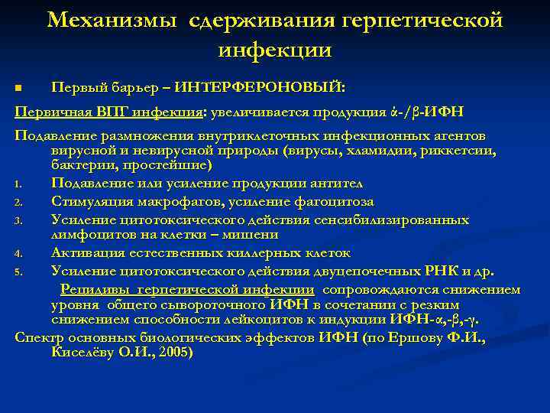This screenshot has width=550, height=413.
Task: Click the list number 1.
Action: tap(18, 184)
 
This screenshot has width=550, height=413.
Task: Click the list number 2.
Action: tap(18, 203)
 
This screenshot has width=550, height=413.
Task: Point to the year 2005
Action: tap(173, 353)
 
